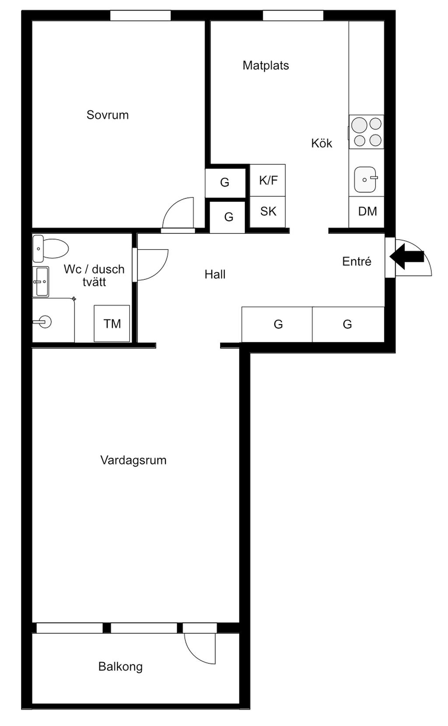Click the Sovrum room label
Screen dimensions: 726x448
(x=108, y=115)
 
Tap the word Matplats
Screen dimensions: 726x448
(x=266, y=66)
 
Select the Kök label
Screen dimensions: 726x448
(x=322, y=143)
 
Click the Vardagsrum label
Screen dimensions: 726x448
(x=133, y=460)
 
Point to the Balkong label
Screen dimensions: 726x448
(x=120, y=666)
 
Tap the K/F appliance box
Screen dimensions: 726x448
(x=268, y=180)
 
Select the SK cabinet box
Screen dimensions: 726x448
(x=268, y=212)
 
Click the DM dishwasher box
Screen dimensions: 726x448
(x=367, y=212)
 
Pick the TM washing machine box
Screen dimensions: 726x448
(x=112, y=324)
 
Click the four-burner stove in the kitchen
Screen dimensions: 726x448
(x=367, y=132)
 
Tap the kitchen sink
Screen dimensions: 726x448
(x=365, y=179)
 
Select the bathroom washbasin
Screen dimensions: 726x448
(x=41, y=282)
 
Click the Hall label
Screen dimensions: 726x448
(x=215, y=275)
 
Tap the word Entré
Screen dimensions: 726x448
(x=357, y=261)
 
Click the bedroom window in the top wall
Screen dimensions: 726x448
(x=140, y=16)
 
